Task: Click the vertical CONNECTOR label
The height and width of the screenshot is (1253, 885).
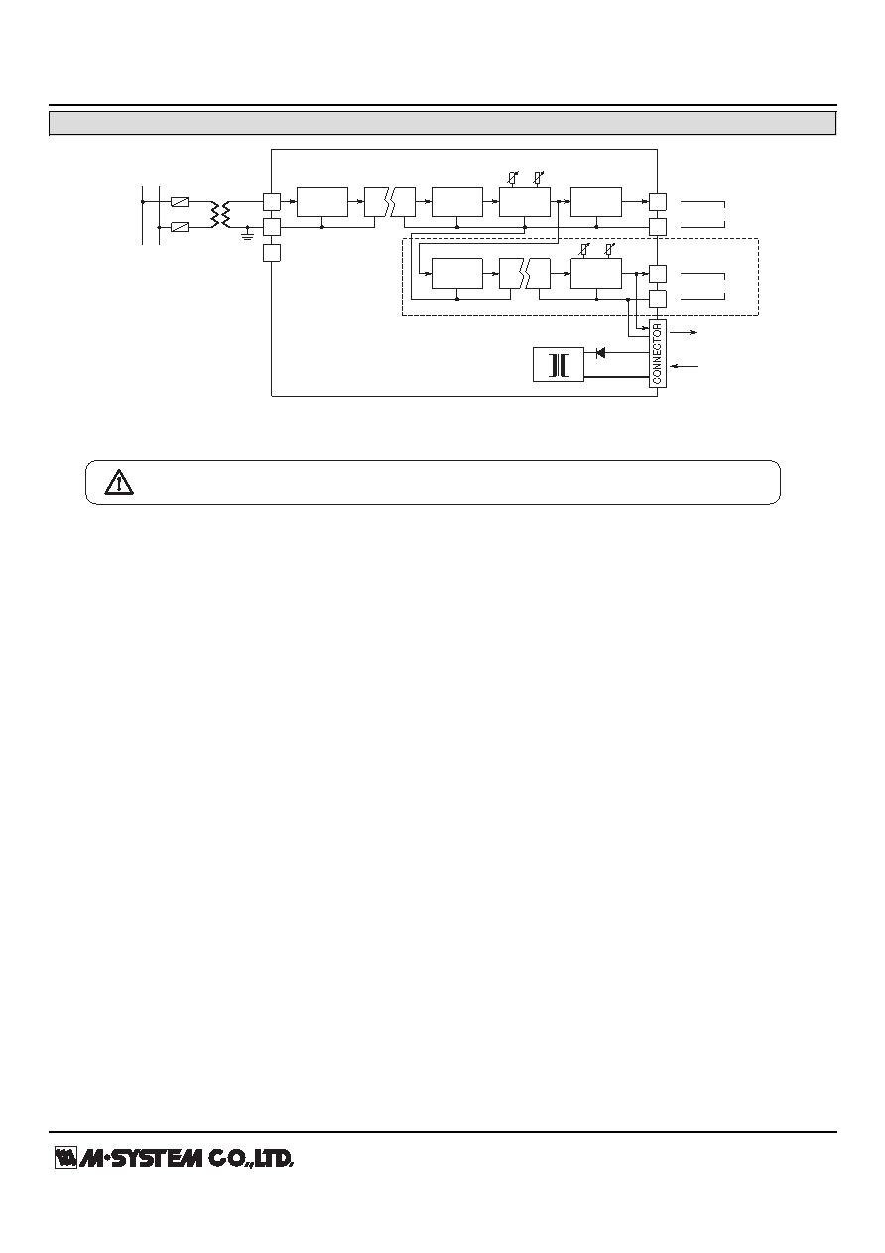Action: click(x=658, y=354)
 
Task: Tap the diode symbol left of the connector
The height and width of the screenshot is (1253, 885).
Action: click(x=601, y=353)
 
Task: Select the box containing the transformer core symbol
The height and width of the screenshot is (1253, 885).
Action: click(x=559, y=365)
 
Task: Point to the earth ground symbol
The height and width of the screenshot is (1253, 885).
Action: click(x=248, y=235)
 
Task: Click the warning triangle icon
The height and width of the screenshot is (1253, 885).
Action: click(x=119, y=482)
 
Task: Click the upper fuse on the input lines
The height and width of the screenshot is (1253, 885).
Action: click(x=179, y=202)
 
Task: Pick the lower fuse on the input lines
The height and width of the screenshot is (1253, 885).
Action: click(x=179, y=227)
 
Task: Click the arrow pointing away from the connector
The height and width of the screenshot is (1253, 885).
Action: click(x=685, y=332)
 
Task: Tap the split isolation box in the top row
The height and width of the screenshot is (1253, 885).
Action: click(x=390, y=202)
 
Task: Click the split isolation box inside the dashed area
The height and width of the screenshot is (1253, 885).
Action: click(x=525, y=274)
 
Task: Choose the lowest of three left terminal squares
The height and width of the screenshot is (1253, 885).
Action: click(x=271, y=253)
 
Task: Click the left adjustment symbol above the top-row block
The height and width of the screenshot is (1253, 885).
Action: click(x=512, y=178)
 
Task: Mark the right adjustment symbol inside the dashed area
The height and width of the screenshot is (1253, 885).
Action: click(x=610, y=249)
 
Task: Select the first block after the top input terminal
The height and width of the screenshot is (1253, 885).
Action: click(x=322, y=202)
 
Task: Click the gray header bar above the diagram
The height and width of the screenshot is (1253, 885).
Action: click(x=442, y=123)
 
